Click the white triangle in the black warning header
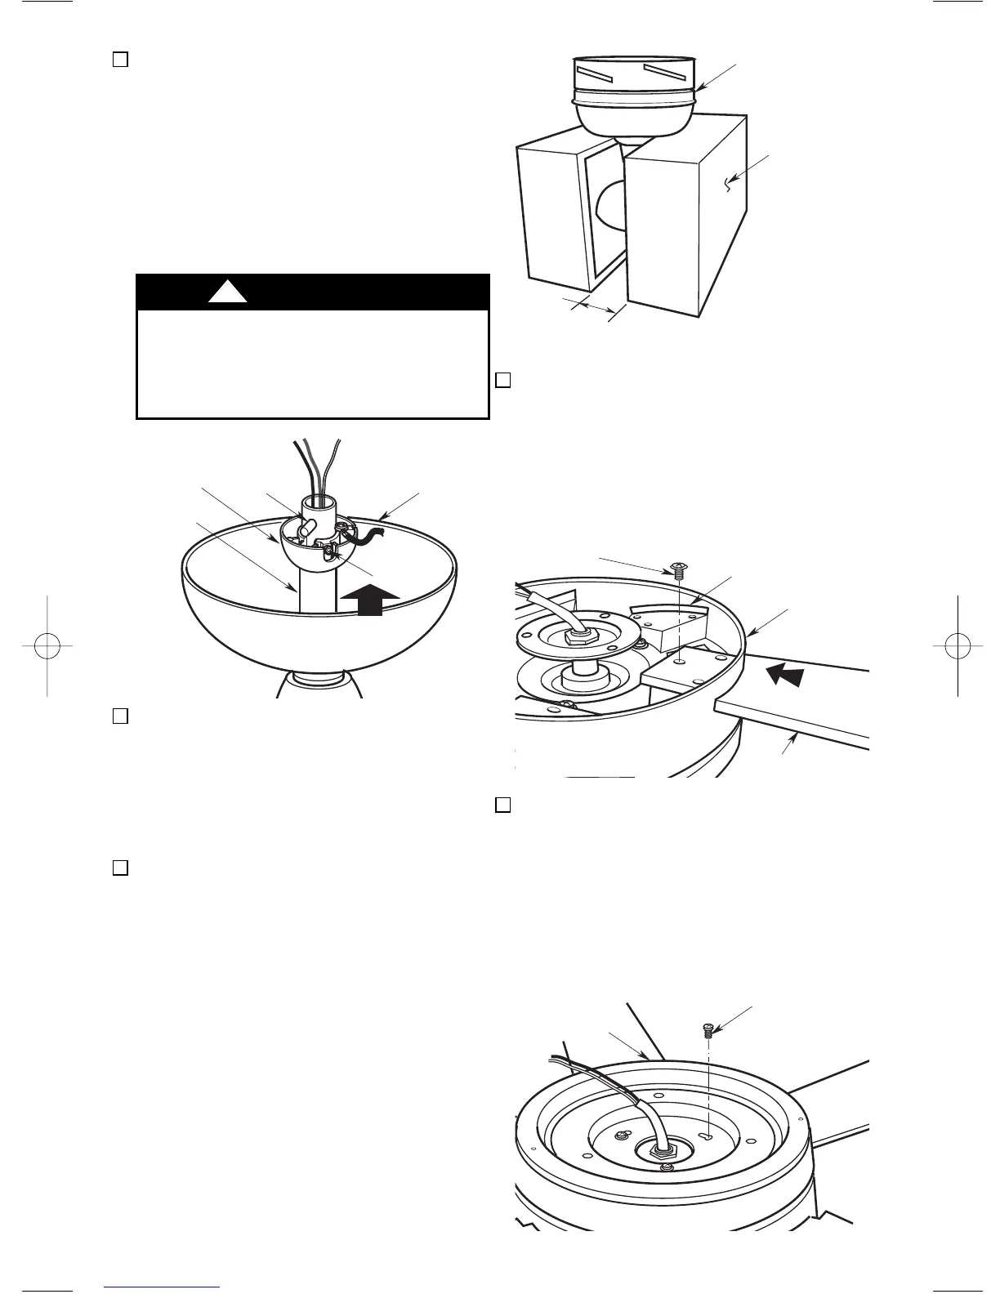click(x=227, y=292)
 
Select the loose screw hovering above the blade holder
click(x=676, y=569)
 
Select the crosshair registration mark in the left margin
click(x=47, y=645)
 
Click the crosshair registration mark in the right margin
click(x=953, y=645)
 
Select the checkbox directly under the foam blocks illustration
click(x=504, y=380)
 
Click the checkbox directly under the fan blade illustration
click(x=504, y=805)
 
